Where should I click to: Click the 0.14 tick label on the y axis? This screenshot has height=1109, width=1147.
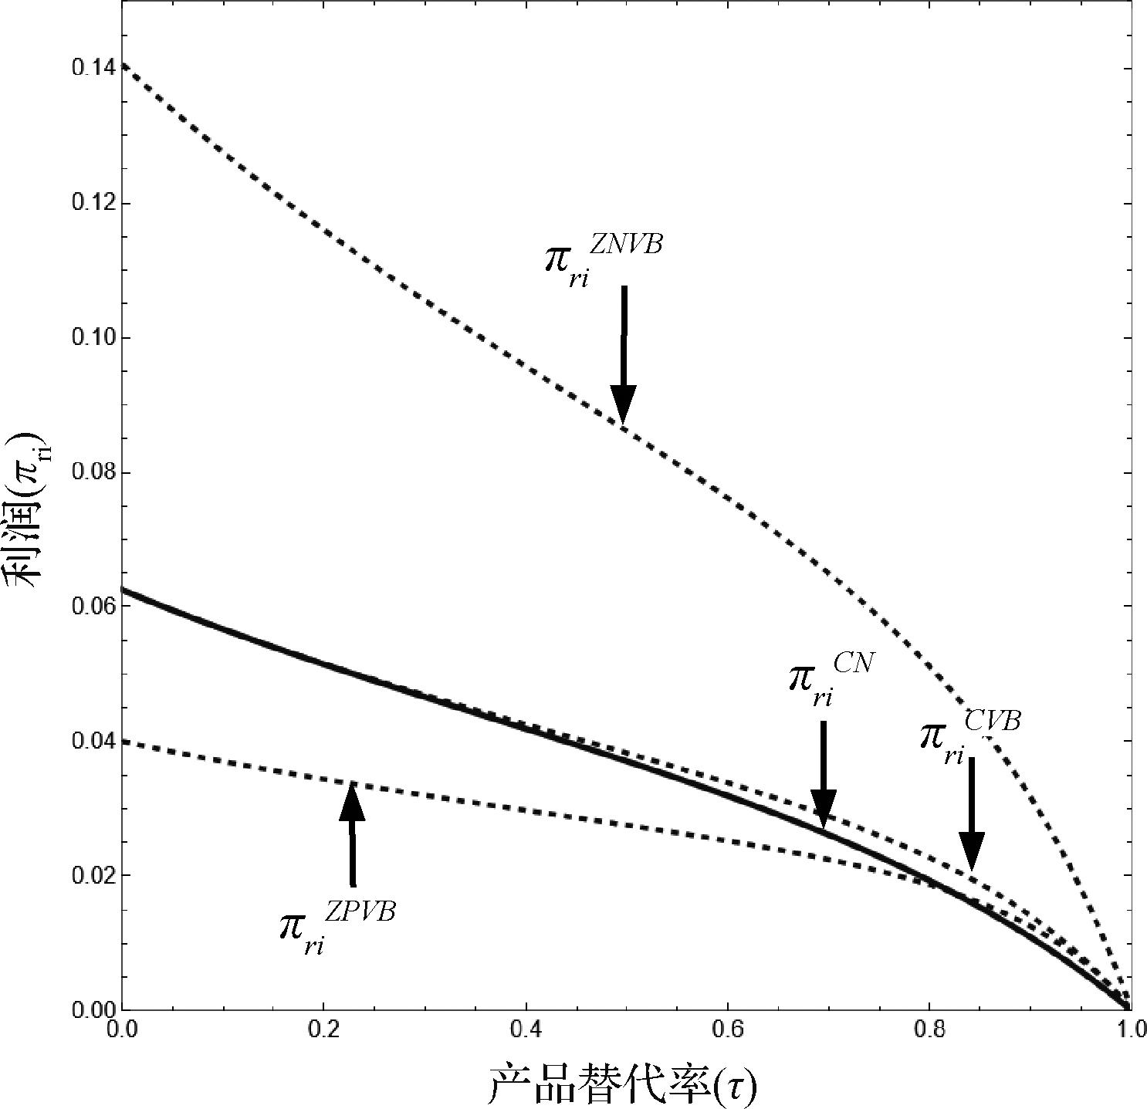(x=91, y=68)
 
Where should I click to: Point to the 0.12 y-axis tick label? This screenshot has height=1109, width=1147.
(x=91, y=203)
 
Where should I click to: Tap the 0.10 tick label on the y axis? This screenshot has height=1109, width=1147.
(x=91, y=337)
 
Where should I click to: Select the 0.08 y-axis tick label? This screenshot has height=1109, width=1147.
(x=91, y=472)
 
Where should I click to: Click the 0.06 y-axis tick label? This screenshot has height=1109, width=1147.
(x=91, y=607)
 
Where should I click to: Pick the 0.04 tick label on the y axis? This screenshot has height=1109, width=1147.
(x=91, y=741)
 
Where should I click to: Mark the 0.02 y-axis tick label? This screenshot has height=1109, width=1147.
(x=91, y=875)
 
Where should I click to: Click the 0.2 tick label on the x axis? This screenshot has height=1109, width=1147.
(x=323, y=1030)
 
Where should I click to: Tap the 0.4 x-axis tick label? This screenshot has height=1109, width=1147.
(x=526, y=1030)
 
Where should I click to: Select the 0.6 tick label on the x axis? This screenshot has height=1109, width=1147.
(x=727, y=1030)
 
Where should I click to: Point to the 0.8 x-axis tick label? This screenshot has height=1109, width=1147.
(x=929, y=1030)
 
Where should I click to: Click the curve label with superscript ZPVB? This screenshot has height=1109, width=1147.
(x=337, y=926)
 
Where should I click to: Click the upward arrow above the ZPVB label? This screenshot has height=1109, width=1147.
(x=352, y=833)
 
